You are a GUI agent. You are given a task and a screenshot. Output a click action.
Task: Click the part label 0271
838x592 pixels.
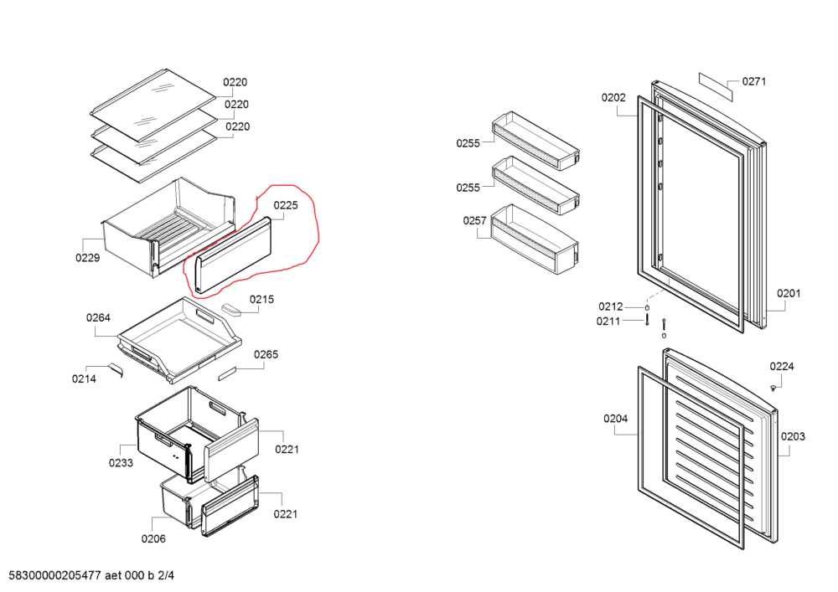pyautogui.click(x=754, y=82)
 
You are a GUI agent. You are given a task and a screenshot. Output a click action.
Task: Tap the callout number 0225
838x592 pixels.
pyautogui.click(x=286, y=204)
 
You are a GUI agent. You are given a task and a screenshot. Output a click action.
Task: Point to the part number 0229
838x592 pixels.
pyautogui.click(x=87, y=258)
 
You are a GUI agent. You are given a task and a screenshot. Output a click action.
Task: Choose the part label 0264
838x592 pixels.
pyautogui.click(x=98, y=318)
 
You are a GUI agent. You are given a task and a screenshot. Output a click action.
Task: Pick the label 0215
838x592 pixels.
pyautogui.click(x=261, y=300)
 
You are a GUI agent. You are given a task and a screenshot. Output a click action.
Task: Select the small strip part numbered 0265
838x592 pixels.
pyautogui.click(x=230, y=373)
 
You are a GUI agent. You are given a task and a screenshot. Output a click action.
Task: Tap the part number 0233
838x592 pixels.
pyautogui.click(x=121, y=462)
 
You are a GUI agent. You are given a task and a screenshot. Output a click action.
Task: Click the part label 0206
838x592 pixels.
pyautogui.click(x=153, y=538)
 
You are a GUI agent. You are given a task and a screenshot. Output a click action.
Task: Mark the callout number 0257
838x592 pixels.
pyautogui.click(x=475, y=220)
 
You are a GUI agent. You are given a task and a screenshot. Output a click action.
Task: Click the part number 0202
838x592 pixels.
pyautogui.click(x=613, y=98)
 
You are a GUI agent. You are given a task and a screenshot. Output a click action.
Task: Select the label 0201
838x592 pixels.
pyautogui.click(x=789, y=293)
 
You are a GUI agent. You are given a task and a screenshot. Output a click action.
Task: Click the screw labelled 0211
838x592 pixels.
pyautogui.click(x=647, y=322)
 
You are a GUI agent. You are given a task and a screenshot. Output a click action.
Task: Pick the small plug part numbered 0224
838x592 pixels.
pyautogui.click(x=772, y=387)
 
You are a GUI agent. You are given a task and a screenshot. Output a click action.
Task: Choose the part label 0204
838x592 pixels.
pyautogui.click(x=614, y=419)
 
